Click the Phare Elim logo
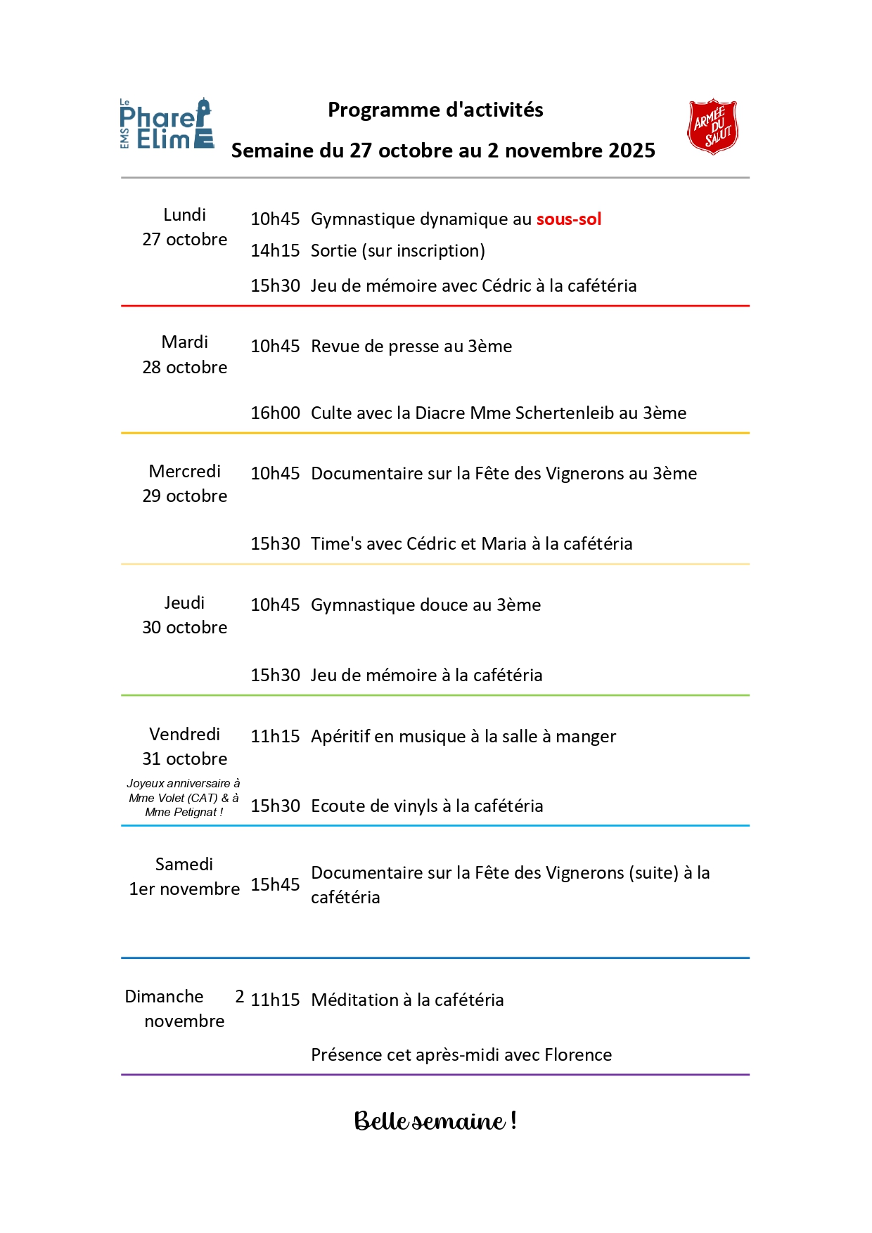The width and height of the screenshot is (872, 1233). (167, 124)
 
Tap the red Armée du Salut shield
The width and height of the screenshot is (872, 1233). (712, 127)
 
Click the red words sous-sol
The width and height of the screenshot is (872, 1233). (568, 219)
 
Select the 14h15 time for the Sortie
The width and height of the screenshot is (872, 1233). (275, 251)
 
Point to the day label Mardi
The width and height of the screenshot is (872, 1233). (185, 342)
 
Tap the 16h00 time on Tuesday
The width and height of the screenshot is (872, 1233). (275, 413)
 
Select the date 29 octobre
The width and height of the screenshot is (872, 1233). (185, 496)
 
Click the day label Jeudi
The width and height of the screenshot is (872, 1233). (184, 603)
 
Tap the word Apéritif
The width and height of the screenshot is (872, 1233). (340, 737)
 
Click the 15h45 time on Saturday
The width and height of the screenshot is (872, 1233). (275, 885)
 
